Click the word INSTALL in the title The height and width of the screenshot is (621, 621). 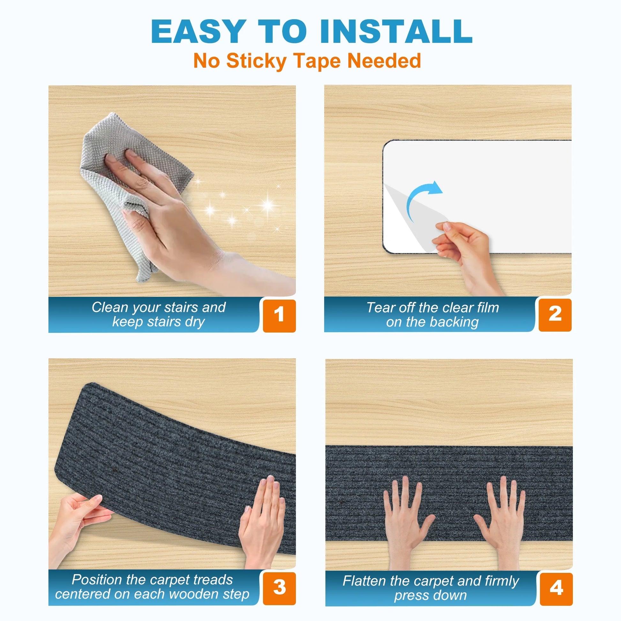click(396, 31)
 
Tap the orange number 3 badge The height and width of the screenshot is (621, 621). click(279, 588)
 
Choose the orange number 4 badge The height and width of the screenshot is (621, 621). click(556, 589)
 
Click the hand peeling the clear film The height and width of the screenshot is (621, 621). click(466, 254)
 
